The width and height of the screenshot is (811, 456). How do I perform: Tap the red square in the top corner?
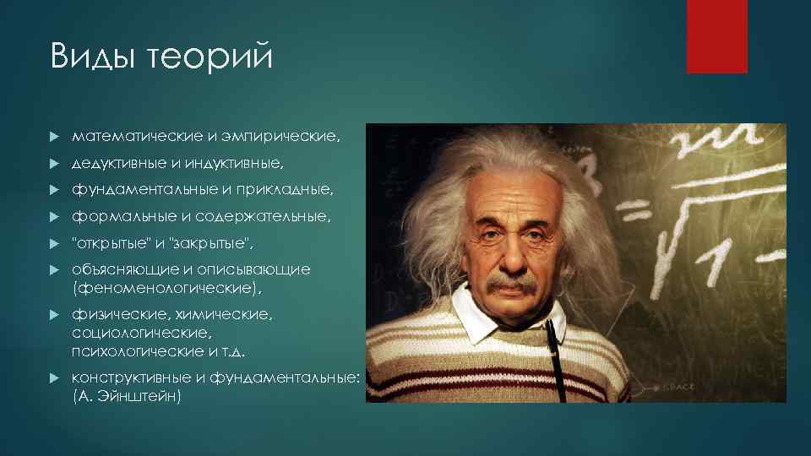(x=716, y=36)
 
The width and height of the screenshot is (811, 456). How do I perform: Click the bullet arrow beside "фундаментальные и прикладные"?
(x=53, y=190)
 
